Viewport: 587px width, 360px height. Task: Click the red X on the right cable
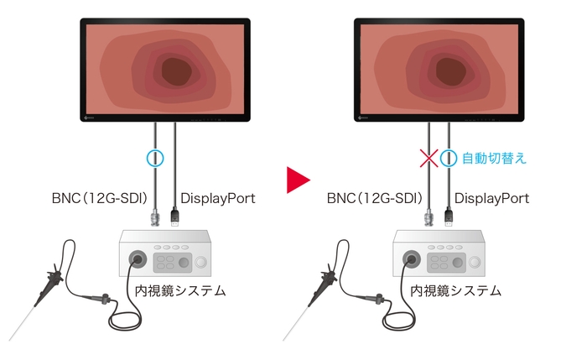429,157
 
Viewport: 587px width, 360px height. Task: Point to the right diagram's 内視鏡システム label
457,290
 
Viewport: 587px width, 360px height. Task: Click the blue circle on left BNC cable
155,157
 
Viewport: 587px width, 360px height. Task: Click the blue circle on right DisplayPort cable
449,157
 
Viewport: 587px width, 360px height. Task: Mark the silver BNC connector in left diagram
155,220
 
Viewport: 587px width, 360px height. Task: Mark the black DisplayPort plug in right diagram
449,218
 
